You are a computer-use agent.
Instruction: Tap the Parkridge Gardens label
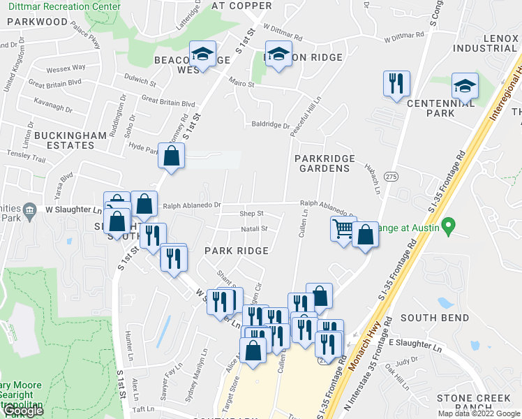point(325,163)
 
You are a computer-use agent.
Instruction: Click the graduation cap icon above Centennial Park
point(465,87)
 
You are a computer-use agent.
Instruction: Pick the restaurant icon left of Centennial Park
point(396,84)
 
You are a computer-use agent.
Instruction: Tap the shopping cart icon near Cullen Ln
point(343,228)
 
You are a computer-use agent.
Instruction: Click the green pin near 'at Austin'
point(449,226)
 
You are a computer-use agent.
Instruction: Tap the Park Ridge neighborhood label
point(237,251)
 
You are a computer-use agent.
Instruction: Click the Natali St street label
point(254,228)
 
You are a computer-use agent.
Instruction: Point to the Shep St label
point(251,214)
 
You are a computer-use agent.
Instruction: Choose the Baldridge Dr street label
point(271,126)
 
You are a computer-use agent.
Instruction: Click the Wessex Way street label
point(66,68)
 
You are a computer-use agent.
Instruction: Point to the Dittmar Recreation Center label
point(60,6)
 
